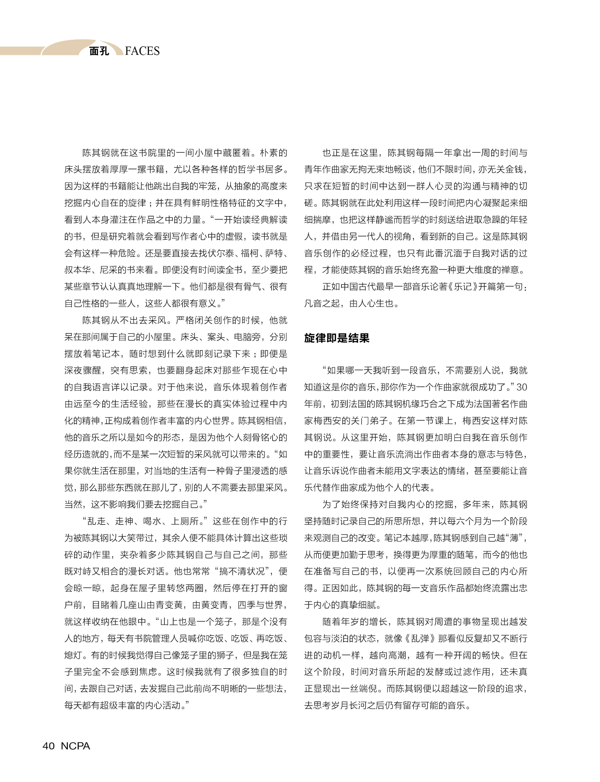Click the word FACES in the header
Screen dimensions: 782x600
tap(142, 51)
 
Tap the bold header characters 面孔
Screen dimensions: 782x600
tap(99, 51)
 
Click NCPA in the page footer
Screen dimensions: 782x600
tap(75, 746)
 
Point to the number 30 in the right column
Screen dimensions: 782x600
tap(522, 387)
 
